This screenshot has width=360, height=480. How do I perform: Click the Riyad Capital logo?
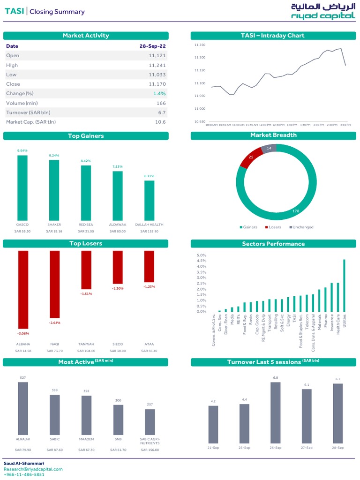[322, 12]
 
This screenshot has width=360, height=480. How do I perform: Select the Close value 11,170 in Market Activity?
[157, 84]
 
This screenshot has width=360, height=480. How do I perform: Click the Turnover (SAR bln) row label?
[28, 112]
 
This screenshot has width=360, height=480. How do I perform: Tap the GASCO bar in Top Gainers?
[22, 187]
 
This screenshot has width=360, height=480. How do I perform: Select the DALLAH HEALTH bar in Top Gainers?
[149, 200]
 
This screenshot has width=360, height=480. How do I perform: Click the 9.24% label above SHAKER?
[54, 155]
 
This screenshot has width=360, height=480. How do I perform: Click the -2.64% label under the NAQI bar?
[55, 322]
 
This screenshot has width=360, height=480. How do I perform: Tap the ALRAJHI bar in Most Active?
[22, 408]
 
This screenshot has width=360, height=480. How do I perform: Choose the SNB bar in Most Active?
[118, 420]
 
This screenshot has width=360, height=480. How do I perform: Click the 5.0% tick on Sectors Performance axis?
[201, 255]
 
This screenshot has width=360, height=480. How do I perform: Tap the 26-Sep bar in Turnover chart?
[275, 412]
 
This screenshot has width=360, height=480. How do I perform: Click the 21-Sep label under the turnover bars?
[213, 448]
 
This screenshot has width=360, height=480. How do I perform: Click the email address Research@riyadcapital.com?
[33, 469]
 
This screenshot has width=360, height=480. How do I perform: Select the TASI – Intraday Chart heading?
[272, 36]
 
